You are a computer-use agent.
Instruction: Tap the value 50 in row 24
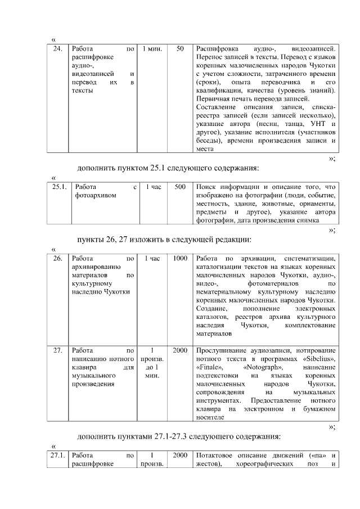(x=180, y=49)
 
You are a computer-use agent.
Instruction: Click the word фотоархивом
(x=93, y=195)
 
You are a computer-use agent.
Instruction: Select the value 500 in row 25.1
(x=180, y=186)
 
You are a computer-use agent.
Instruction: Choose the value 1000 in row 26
(x=180, y=259)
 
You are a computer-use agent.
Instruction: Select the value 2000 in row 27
(x=180, y=350)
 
